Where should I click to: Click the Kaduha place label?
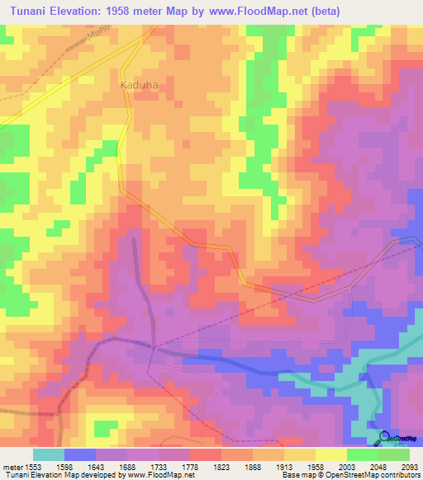coord(139,84)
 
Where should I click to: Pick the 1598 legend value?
coord(63,466)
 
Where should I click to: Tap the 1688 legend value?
coord(126,466)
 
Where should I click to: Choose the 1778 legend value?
coord(188,466)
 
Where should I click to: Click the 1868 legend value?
coord(251,466)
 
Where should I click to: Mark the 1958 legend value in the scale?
coord(314,466)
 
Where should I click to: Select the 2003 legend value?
coord(345,466)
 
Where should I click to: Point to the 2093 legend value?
coord(408,466)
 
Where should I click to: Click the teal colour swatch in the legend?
coord(48,454)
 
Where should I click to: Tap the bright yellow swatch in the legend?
coord(330,454)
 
